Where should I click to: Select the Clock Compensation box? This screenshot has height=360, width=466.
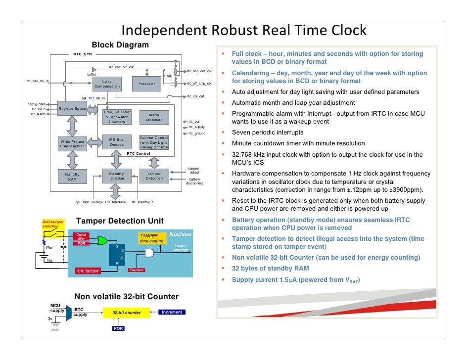click(107, 84)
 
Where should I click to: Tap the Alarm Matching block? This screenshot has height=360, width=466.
click(154, 117)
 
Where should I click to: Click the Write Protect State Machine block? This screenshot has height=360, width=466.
click(73, 144)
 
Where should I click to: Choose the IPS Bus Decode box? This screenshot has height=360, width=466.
click(117, 142)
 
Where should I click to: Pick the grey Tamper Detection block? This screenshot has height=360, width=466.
click(154, 176)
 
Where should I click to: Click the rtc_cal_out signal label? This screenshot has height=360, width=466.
click(196, 96)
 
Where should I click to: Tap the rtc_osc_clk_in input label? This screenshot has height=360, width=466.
click(38, 81)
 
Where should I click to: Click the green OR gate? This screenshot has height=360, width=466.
click(102, 241)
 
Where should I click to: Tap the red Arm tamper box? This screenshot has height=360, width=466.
click(88, 270)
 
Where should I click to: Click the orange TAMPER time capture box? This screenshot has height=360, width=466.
click(151, 238)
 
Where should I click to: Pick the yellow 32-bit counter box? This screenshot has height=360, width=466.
click(126, 313)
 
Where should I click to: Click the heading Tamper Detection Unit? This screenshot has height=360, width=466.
click(120, 221)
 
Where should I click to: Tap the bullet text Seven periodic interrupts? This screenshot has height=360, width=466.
click(268, 133)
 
